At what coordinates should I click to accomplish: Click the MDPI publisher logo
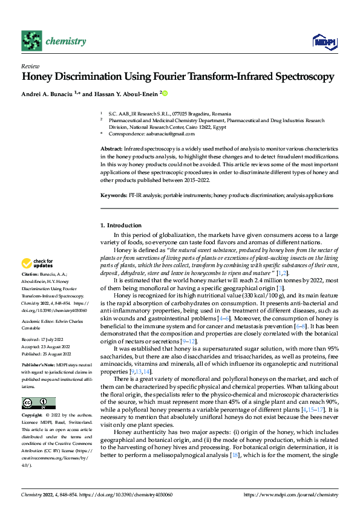click(x=323, y=41)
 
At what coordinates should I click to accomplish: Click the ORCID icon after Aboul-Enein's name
click(x=164, y=94)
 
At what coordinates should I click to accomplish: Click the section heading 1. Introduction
click(x=120, y=225)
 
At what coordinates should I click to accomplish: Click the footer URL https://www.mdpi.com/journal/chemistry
click(x=290, y=494)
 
